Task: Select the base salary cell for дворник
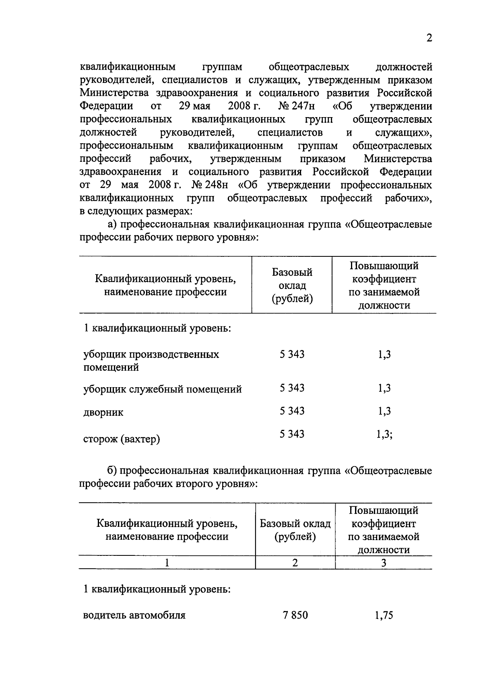pyautogui.click(x=292, y=411)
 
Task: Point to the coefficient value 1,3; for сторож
pyautogui.click(x=384, y=434)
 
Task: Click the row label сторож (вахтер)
pyautogui.click(x=122, y=439)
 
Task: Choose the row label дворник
pyautogui.click(x=103, y=413)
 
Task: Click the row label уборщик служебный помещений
pyautogui.click(x=163, y=389)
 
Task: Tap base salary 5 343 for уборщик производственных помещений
pyautogui.click(x=292, y=355)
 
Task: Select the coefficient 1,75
pyautogui.click(x=383, y=615)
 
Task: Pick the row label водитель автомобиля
pyautogui.click(x=134, y=615)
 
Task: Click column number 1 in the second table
pyautogui.click(x=167, y=563)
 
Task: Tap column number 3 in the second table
pyautogui.click(x=384, y=563)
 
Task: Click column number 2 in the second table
pyautogui.click(x=295, y=563)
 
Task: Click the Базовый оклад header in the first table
pyautogui.click(x=292, y=285)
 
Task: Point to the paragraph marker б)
pyautogui.click(x=112, y=470)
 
